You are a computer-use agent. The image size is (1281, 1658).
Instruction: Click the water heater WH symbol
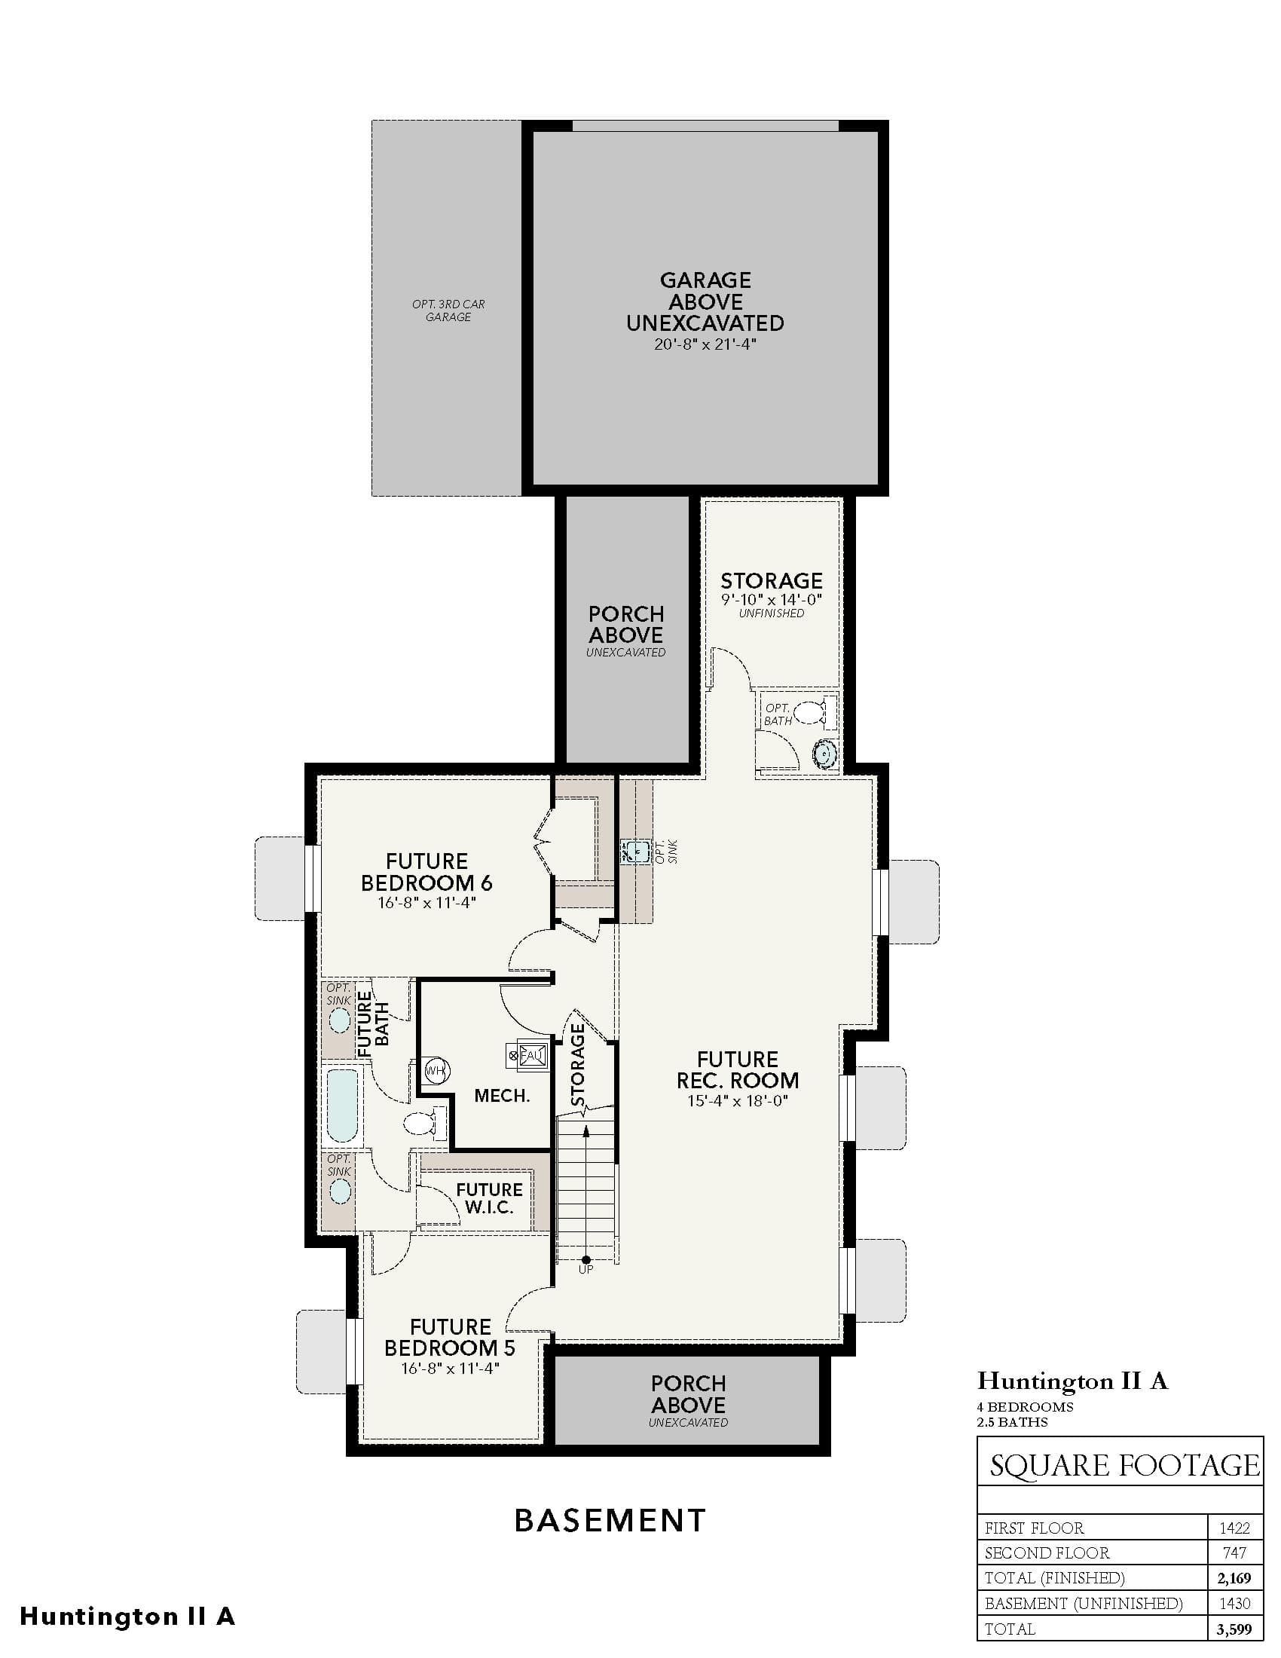pyautogui.click(x=436, y=1071)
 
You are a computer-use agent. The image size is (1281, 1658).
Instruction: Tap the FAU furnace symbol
pyautogui.click(x=527, y=1054)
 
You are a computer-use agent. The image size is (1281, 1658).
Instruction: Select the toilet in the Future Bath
pyautogui.click(x=425, y=1123)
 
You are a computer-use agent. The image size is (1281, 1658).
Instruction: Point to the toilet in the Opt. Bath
pyautogui.click(x=815, y=712)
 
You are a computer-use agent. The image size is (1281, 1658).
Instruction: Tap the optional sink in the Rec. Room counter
pyautogui.click(x=634, y=852)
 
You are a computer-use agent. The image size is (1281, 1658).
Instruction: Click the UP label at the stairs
pyautogui.click(x=585, y=1269)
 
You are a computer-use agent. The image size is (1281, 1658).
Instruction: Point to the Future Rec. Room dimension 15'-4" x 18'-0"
pyautogui.click(x=738, y=1101)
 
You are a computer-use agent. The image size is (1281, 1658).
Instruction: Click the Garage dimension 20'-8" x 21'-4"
pyautogui.click(x=706, y=344)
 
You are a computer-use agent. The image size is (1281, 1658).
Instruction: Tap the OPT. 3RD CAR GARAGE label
pyautogui.click(x=448, y=310)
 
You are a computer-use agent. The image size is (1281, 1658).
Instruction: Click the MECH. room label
pyautogui.click(x=502, y=1096)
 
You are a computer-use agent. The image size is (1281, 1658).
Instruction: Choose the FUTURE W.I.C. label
pyautogui.click(x=490, y=1198)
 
